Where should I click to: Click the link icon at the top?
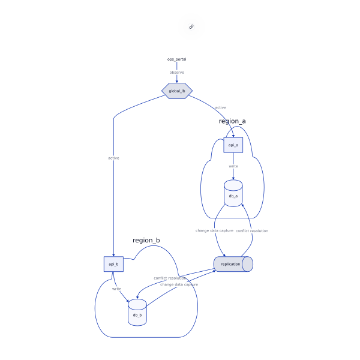click(191, 26)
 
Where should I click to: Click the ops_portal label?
click(176, 59)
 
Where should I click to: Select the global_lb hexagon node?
click(177, 91)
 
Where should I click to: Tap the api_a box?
click(233, 145)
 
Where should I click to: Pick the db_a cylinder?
click(233, 195)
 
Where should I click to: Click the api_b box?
click(113, 264)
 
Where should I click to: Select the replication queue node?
click(233, 264)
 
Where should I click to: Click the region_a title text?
click(232, 121)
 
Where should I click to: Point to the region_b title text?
click(146, 241)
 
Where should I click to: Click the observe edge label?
click(176, 73)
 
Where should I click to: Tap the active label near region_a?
click(220, 107)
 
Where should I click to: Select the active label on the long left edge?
click(113, 158)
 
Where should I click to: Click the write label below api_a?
click(233, 166)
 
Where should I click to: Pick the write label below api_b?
click(116, 289)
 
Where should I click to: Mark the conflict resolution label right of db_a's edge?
click(251, 230)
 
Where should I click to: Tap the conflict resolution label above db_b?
click(170, 278)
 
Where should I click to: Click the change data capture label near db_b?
click(179, 284)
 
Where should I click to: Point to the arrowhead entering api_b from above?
click(113, 254)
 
